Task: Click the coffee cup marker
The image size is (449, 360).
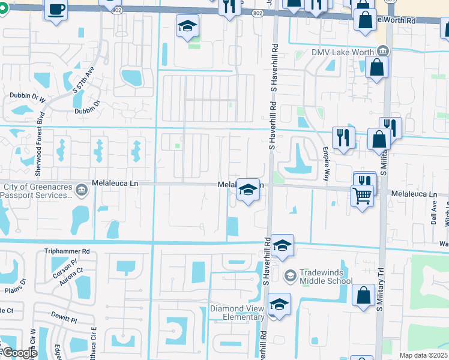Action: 56,10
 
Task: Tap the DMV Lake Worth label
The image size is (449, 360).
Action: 342,52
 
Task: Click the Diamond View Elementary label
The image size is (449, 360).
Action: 237,313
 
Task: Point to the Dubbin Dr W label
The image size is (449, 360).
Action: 28,96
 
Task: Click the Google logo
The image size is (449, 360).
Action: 19,353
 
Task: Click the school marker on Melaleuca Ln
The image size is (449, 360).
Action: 248,190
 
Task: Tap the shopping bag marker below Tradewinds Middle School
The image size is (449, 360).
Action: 363,296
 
